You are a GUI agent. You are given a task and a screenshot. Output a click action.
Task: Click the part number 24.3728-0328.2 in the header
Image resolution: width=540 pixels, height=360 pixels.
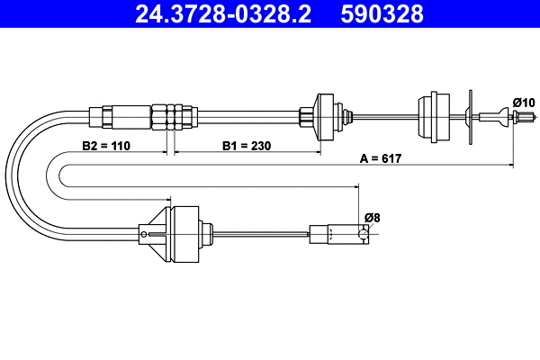click(213, 13)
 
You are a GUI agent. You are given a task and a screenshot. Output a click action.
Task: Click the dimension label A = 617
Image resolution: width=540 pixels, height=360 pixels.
click(380, 158)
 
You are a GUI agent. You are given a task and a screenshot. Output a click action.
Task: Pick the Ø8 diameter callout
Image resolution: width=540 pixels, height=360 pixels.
click(371, 217)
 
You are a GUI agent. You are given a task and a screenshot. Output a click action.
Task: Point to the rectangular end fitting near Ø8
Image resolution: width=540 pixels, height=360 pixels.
click(337, 234)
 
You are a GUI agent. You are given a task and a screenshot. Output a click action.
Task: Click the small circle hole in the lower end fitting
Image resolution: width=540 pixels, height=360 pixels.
click(362, 235)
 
